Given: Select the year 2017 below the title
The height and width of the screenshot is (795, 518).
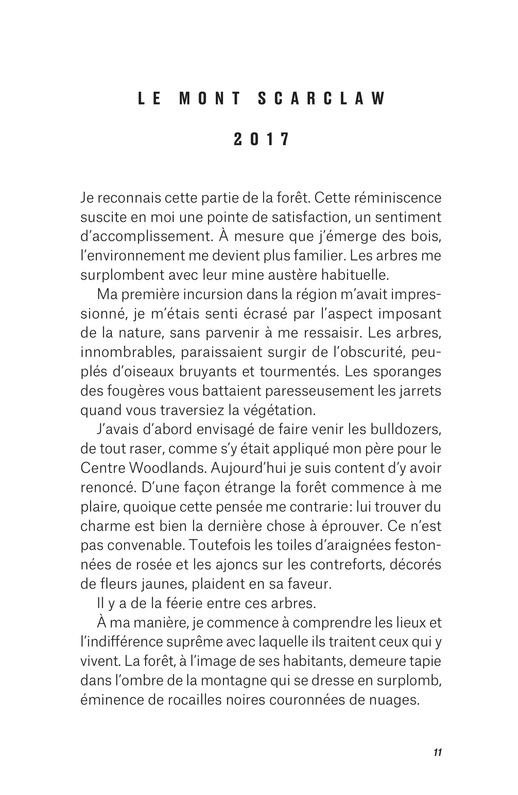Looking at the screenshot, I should click(261, 140).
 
